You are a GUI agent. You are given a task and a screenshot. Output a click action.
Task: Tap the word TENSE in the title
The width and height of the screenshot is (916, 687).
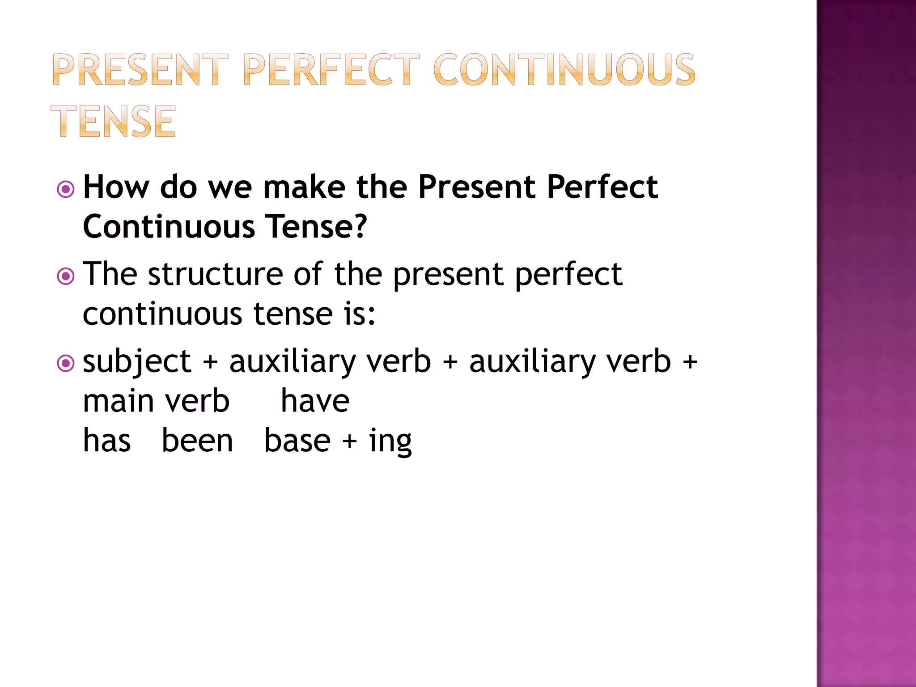114,121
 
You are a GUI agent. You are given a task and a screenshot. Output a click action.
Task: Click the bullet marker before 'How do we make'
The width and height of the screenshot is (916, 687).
66,190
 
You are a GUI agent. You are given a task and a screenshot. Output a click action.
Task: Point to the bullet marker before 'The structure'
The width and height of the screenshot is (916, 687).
66,276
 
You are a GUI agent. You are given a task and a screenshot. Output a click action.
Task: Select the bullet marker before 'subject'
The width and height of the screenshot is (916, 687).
66,363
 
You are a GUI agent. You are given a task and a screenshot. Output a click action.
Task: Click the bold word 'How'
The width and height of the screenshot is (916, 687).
116,187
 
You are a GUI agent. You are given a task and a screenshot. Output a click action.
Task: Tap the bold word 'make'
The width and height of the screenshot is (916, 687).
304,187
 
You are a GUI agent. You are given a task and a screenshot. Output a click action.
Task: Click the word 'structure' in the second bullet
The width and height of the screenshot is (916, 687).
216,274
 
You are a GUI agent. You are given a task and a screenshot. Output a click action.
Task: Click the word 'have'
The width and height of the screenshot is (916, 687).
315,401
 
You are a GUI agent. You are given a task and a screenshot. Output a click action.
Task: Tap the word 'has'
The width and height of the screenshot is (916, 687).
107,441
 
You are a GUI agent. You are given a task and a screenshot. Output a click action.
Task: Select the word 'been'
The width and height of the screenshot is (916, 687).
197,441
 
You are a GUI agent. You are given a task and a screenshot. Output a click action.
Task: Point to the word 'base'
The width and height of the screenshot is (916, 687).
297,441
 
